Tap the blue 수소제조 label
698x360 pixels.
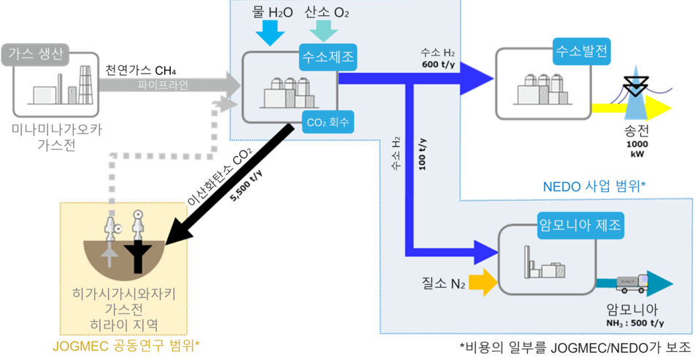tap(328, 57)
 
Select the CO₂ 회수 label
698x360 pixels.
tap(327, 122)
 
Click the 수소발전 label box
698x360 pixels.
tap(582, 51)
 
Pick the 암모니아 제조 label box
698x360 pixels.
tap(580, 224)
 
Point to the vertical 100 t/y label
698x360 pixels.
tap(423, 153)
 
